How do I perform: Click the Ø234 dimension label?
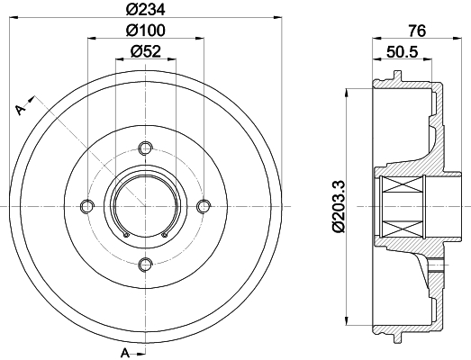point(145,10)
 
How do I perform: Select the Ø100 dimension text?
point(145,31)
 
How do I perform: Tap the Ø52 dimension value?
point(146,51)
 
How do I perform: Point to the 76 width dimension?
point(417,31)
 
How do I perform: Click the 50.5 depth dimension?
point(403,51)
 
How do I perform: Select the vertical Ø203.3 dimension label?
point(339,207)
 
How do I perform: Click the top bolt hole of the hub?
point(145,148)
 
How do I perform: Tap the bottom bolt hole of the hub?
point(145,265)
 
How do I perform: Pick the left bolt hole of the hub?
point(87,206)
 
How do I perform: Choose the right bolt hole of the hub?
point(204,206)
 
